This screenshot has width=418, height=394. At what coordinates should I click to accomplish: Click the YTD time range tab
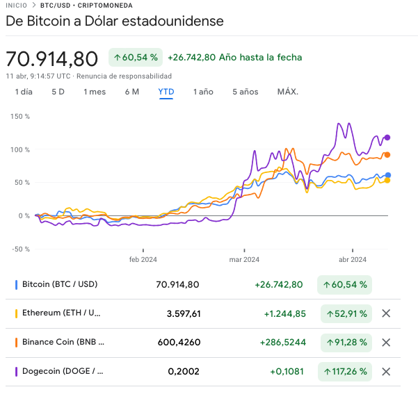tap(166, 92)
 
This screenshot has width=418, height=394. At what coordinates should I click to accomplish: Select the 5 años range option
tap(245, 92)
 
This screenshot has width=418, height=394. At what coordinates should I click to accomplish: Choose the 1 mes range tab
tap(95, 92)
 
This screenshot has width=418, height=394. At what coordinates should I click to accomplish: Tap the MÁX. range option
tap(287, 92)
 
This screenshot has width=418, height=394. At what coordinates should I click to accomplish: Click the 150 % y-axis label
tap(20, 116)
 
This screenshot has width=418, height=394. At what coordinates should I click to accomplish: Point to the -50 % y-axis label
tap(19, 249)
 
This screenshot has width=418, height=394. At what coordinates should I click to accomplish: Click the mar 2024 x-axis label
tap(244, 261)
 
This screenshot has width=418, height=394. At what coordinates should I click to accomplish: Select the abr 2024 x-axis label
tap(352, 261)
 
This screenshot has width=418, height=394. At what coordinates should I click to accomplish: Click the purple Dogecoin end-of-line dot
tap(387, 138)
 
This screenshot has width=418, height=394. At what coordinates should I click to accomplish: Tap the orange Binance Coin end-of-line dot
tap(387, 155)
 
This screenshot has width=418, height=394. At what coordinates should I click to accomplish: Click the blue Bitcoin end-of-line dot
tap(387, 175)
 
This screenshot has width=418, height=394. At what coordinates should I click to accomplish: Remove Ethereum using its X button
tap(386, 313)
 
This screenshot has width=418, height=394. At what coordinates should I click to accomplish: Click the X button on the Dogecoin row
tap(386, 371)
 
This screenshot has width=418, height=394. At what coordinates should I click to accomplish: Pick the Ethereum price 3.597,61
tap(184, 313)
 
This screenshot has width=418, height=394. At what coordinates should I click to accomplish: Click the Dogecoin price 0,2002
tap(184, 371)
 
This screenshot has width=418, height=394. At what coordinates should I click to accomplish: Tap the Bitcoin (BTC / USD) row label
tap(59, 284)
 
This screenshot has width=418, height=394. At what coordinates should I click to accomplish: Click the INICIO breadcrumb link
tap(17, 5)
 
